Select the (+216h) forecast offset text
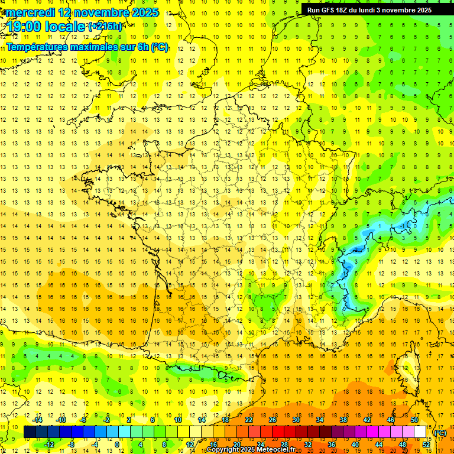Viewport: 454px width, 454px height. (106, 27)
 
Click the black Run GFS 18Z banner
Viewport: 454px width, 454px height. (369, 9)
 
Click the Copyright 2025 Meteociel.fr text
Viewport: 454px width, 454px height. (251, 450)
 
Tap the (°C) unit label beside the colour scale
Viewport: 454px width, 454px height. (440, 433)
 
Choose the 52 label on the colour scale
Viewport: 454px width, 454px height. (426, 444)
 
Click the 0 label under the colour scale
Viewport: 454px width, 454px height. (117, 444)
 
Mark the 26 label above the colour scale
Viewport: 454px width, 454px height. (273, 420)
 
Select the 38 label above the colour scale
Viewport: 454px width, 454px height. (343, 420)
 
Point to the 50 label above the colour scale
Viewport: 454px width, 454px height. (414, 420)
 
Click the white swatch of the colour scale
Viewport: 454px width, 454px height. (420, 432)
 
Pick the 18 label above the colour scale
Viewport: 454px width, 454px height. (225, 420)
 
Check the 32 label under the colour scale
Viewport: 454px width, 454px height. (308, 444)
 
